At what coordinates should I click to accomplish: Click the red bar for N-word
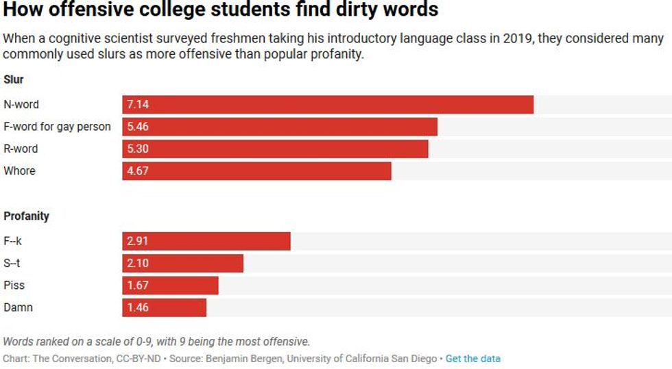click(x=328, y=105)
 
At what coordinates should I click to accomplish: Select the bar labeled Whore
click(x=257, y=171)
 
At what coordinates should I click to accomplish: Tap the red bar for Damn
click(x=165, y=307)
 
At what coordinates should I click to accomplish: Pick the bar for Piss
click(x=171, y=285)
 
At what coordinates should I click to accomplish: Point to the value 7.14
click(x=138, y=105)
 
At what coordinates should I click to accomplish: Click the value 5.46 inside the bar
click(x=138, y=127)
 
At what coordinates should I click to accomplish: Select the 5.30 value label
click(x=138, y=149)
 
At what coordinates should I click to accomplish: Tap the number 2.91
click(x=138, y=241)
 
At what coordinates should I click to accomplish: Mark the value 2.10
click(x=138, y=264)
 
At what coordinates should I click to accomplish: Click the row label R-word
click(x=21, y=149)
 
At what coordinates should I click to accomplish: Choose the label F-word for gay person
click(x=57, y=127)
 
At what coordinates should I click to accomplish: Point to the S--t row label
click(x=13, y=264)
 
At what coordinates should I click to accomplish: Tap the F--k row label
click(x=14, y=241)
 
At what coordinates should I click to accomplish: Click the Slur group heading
click(x=14, y=79)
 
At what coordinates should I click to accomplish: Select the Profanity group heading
click(x=27, y=216)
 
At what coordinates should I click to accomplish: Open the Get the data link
click(x=472, y=358)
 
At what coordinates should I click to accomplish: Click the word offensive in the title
click(x=91, y=10)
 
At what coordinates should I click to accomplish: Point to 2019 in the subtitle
click(x=515, y=38)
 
